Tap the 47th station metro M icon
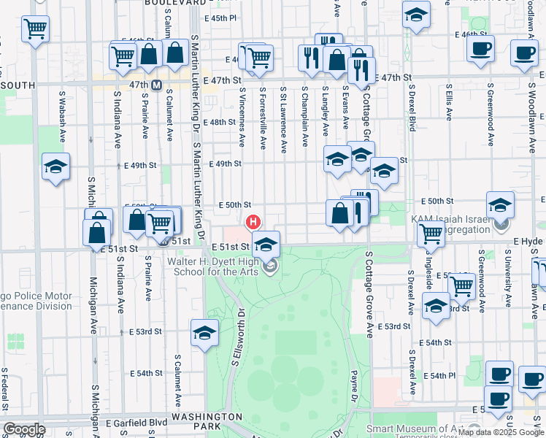point(156,85)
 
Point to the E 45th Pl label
point(221,18)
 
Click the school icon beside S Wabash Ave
point(55,167)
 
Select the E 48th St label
point(221,122)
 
